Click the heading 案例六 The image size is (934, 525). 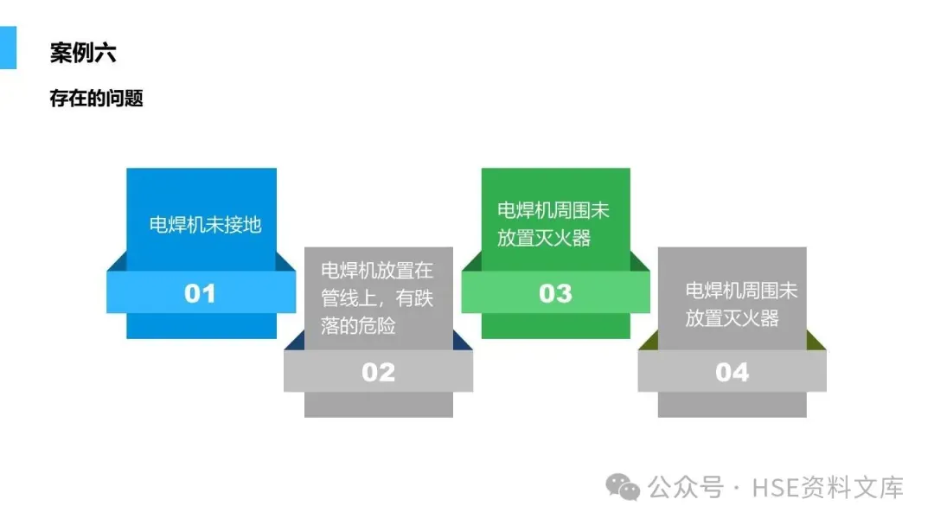coord(83,54)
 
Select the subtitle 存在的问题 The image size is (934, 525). coord(96,99)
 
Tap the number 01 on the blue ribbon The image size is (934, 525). coord(200,293)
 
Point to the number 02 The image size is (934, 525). coord(378,372)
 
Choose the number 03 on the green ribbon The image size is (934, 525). coord(555,293)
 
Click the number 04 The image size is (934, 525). coord(732,372)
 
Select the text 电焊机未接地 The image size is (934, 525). coord(205,225)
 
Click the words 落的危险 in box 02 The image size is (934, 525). coord(358,326)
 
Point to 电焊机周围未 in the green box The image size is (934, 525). coord(554,210)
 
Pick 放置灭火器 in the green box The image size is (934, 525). coord(544,238)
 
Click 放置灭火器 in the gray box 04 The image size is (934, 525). coord(732,317)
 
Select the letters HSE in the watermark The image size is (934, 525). coord(774,488)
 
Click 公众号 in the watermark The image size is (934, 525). coord(685,488)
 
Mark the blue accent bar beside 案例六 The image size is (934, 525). coord(8,48)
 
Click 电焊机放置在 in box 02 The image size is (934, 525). coord(377,270)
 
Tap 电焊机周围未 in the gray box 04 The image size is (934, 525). coord(742,291)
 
